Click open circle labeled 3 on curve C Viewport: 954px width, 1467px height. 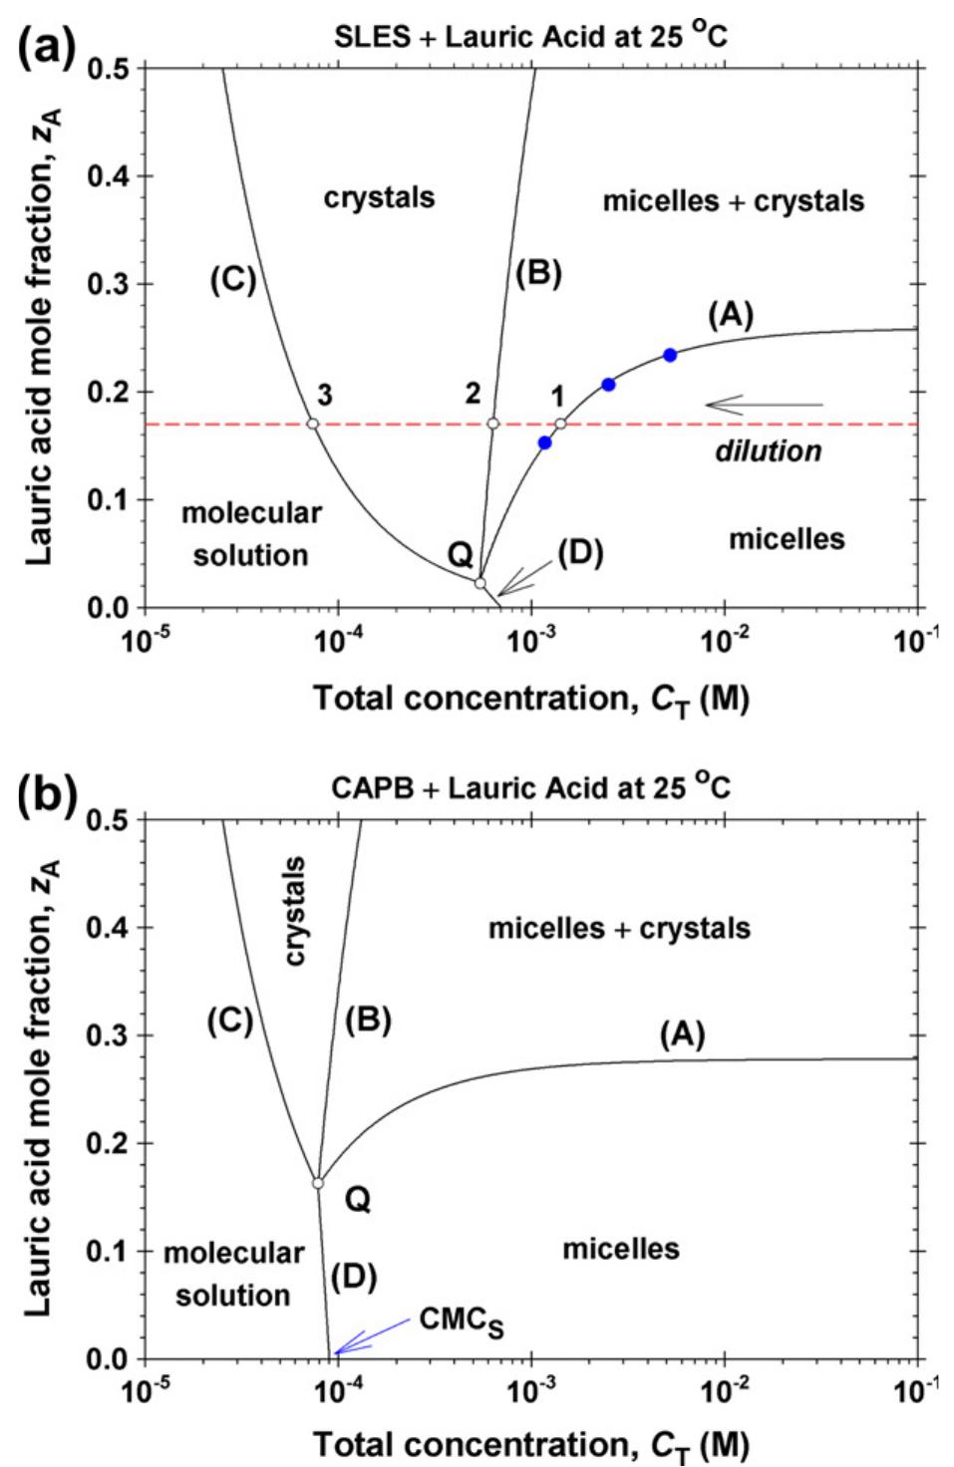click(312, 424)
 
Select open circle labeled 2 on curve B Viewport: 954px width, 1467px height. click(492, 424)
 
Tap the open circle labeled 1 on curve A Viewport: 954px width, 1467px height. click(560, 424)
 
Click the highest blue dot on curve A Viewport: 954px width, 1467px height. click(670, 355)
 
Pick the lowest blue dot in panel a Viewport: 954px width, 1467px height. click(544, 442)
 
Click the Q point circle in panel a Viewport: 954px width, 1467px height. click(479, 583)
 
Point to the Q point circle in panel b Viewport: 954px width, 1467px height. click(318, 1183)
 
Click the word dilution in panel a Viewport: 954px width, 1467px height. click(768, 451)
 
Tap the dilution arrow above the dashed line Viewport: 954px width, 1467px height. click(764, 405)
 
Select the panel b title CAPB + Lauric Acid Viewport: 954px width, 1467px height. click(530, 788)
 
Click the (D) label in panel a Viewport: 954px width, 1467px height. click(579, 551)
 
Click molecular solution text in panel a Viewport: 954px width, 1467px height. click(251, 533)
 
